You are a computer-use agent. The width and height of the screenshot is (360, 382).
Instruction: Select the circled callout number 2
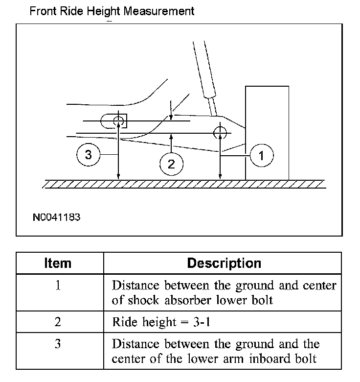click(x=171, y=164)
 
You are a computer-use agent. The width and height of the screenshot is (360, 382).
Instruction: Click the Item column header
click(x=58, y=263)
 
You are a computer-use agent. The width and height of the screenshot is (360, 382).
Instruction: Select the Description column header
click(x=224, y=263)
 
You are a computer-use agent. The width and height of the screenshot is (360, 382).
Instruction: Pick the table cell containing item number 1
click(x=58, y=286)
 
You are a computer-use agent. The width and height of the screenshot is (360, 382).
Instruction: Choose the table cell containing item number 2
click(x=58, y=322)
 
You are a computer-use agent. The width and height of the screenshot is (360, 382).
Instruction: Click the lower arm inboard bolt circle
click(x=118, y=121)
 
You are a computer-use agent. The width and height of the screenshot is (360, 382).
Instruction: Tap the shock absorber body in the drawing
click(x=206, y=71)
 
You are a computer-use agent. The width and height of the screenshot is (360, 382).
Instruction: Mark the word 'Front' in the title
click(x=41, y=11)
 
